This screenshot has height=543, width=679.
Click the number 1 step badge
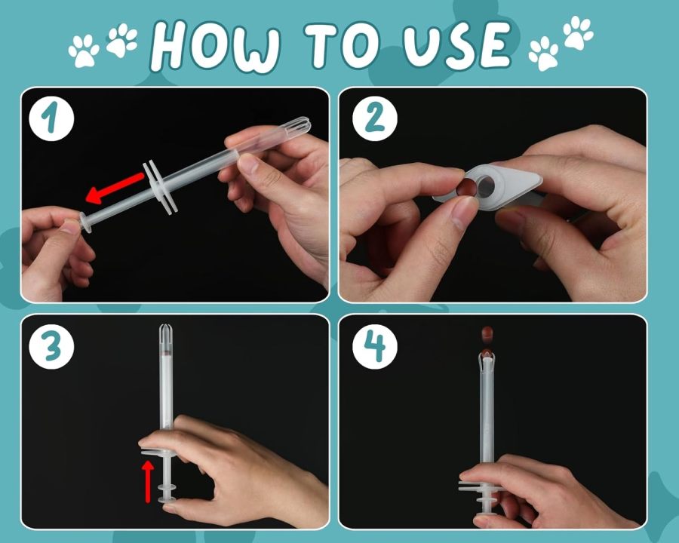pos(51,118)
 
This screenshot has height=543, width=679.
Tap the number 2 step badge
pos(374,118)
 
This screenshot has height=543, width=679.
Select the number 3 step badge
pos(51,346)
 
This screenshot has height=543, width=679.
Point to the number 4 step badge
pos(374,346)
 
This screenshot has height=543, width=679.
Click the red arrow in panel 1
pos(115,188)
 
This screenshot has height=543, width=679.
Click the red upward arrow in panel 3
pos(148,481)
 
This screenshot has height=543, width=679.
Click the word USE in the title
pos(457,44)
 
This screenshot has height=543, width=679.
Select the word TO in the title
pos(341,44)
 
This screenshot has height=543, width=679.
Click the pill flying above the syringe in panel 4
pos(487,333)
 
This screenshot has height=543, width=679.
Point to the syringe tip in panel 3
pos(166,333)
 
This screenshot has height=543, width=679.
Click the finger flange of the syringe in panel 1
pos(161,187)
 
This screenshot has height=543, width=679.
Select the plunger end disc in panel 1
pos(85,222)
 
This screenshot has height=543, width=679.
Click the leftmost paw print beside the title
pos(84,51)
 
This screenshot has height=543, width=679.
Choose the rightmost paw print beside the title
pos(579,32)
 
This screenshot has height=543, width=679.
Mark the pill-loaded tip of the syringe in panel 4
pos(487,358)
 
